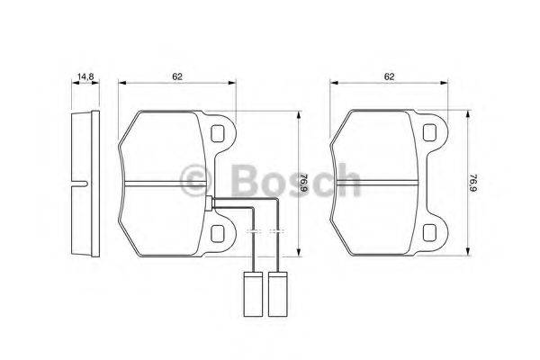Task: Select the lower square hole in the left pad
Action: [x=217, y=233]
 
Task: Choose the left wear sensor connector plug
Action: [x=255, y=292]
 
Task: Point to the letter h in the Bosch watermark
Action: [x=346, y=177]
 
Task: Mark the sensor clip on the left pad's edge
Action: [x=209, y=204]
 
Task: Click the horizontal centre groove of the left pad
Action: [x=166, y=184]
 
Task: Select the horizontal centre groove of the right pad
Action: [x=378, y=184]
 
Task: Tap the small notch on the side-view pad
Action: [x=83, y=186]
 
